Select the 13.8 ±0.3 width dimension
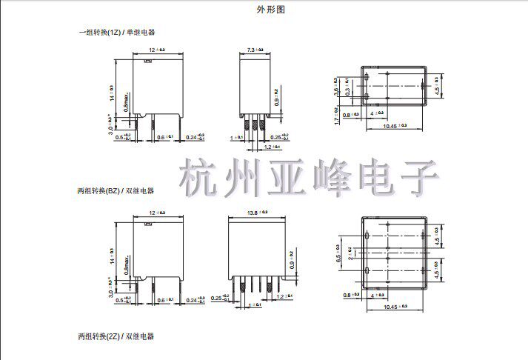click(x=256, y=213)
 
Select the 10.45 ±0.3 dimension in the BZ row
click(x=398, y=307)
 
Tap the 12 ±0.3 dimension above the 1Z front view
click(x=156, y=49)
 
